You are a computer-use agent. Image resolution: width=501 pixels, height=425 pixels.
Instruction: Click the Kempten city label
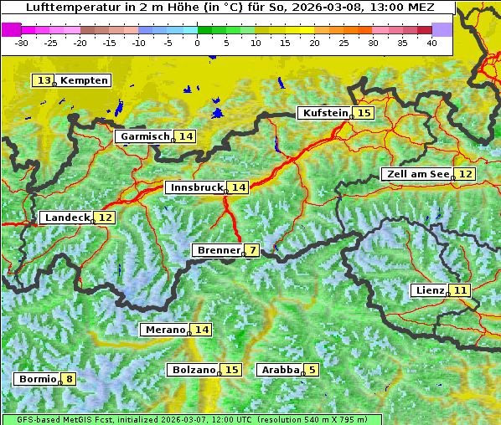click(x=84, y=80)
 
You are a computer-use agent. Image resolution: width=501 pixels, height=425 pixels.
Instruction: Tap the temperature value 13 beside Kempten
click(x=44, y=80)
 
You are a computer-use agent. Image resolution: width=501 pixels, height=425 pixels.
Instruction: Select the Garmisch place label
click(x=145, y=136)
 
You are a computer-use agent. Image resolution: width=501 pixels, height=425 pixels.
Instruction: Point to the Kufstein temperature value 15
click(x=364, y=113)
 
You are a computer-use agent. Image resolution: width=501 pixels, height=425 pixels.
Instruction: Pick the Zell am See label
click(x=416, y=174)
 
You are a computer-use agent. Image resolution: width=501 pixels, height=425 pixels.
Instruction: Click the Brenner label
click(x=218, y=250)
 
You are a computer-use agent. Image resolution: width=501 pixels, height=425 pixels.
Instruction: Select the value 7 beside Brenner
click(x=252, y=250)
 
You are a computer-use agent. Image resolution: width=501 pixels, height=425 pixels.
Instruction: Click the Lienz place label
click(x=430, y=290)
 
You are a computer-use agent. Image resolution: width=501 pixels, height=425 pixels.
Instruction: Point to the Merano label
click(x=164, y=330)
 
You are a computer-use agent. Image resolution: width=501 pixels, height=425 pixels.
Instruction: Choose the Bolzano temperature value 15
click(x=232, y=370)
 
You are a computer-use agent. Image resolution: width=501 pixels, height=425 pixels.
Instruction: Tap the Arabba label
click(x=281, y=370)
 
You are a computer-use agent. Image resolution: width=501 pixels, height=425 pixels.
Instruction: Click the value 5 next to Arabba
click(x=312, y=370)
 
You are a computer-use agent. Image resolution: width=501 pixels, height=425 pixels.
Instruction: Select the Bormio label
click(x=38, y=379)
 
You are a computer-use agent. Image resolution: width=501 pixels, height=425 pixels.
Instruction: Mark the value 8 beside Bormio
click(x=69, y=379)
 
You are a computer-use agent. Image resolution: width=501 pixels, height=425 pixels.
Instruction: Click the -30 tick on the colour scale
click(x=23, y=42)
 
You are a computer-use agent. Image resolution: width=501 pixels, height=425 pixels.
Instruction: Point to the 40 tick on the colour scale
click(x=431, y=42)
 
